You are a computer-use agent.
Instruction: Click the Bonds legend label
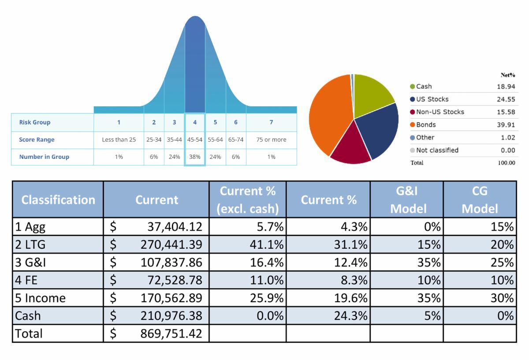click(x=426, y=125)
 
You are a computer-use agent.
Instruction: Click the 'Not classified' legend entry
click(x=437, y=150)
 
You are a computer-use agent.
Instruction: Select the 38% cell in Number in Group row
click(x=195, y=157)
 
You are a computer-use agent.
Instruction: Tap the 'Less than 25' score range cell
click(x=119, y=140)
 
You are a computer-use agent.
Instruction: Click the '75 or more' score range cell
click(x=271, y=140)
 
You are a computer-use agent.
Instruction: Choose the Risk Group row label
click(x=35, y=122)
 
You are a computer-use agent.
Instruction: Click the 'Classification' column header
click(x=58, y=200)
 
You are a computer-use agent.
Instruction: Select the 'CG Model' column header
click(x=480, y=200)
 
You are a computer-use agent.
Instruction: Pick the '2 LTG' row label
click(x=30, y=244)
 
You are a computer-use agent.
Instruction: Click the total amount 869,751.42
click(x=171, y=334)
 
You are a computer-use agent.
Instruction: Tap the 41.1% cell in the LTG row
click(x=266, y=244)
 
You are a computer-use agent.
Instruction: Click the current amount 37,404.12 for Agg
click(x=175, y=227)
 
